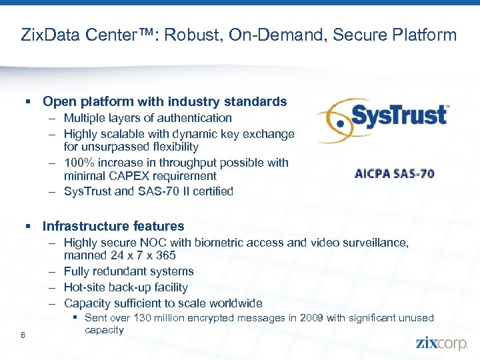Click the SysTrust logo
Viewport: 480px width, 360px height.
pos(383,119)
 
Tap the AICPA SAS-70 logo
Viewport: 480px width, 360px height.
pos(395,174)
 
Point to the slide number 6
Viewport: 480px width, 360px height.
pos(23,335)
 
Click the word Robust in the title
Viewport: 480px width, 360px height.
pos(197,35)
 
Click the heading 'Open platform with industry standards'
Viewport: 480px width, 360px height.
pos(165,102)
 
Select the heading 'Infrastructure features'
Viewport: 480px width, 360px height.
pos(113,226)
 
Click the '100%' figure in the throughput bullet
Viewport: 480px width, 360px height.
pos(77,162)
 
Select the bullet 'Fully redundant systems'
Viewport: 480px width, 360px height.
pos(129,271)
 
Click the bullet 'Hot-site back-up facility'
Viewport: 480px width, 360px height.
pos(126,287)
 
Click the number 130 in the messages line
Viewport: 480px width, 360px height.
pos(144,318)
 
